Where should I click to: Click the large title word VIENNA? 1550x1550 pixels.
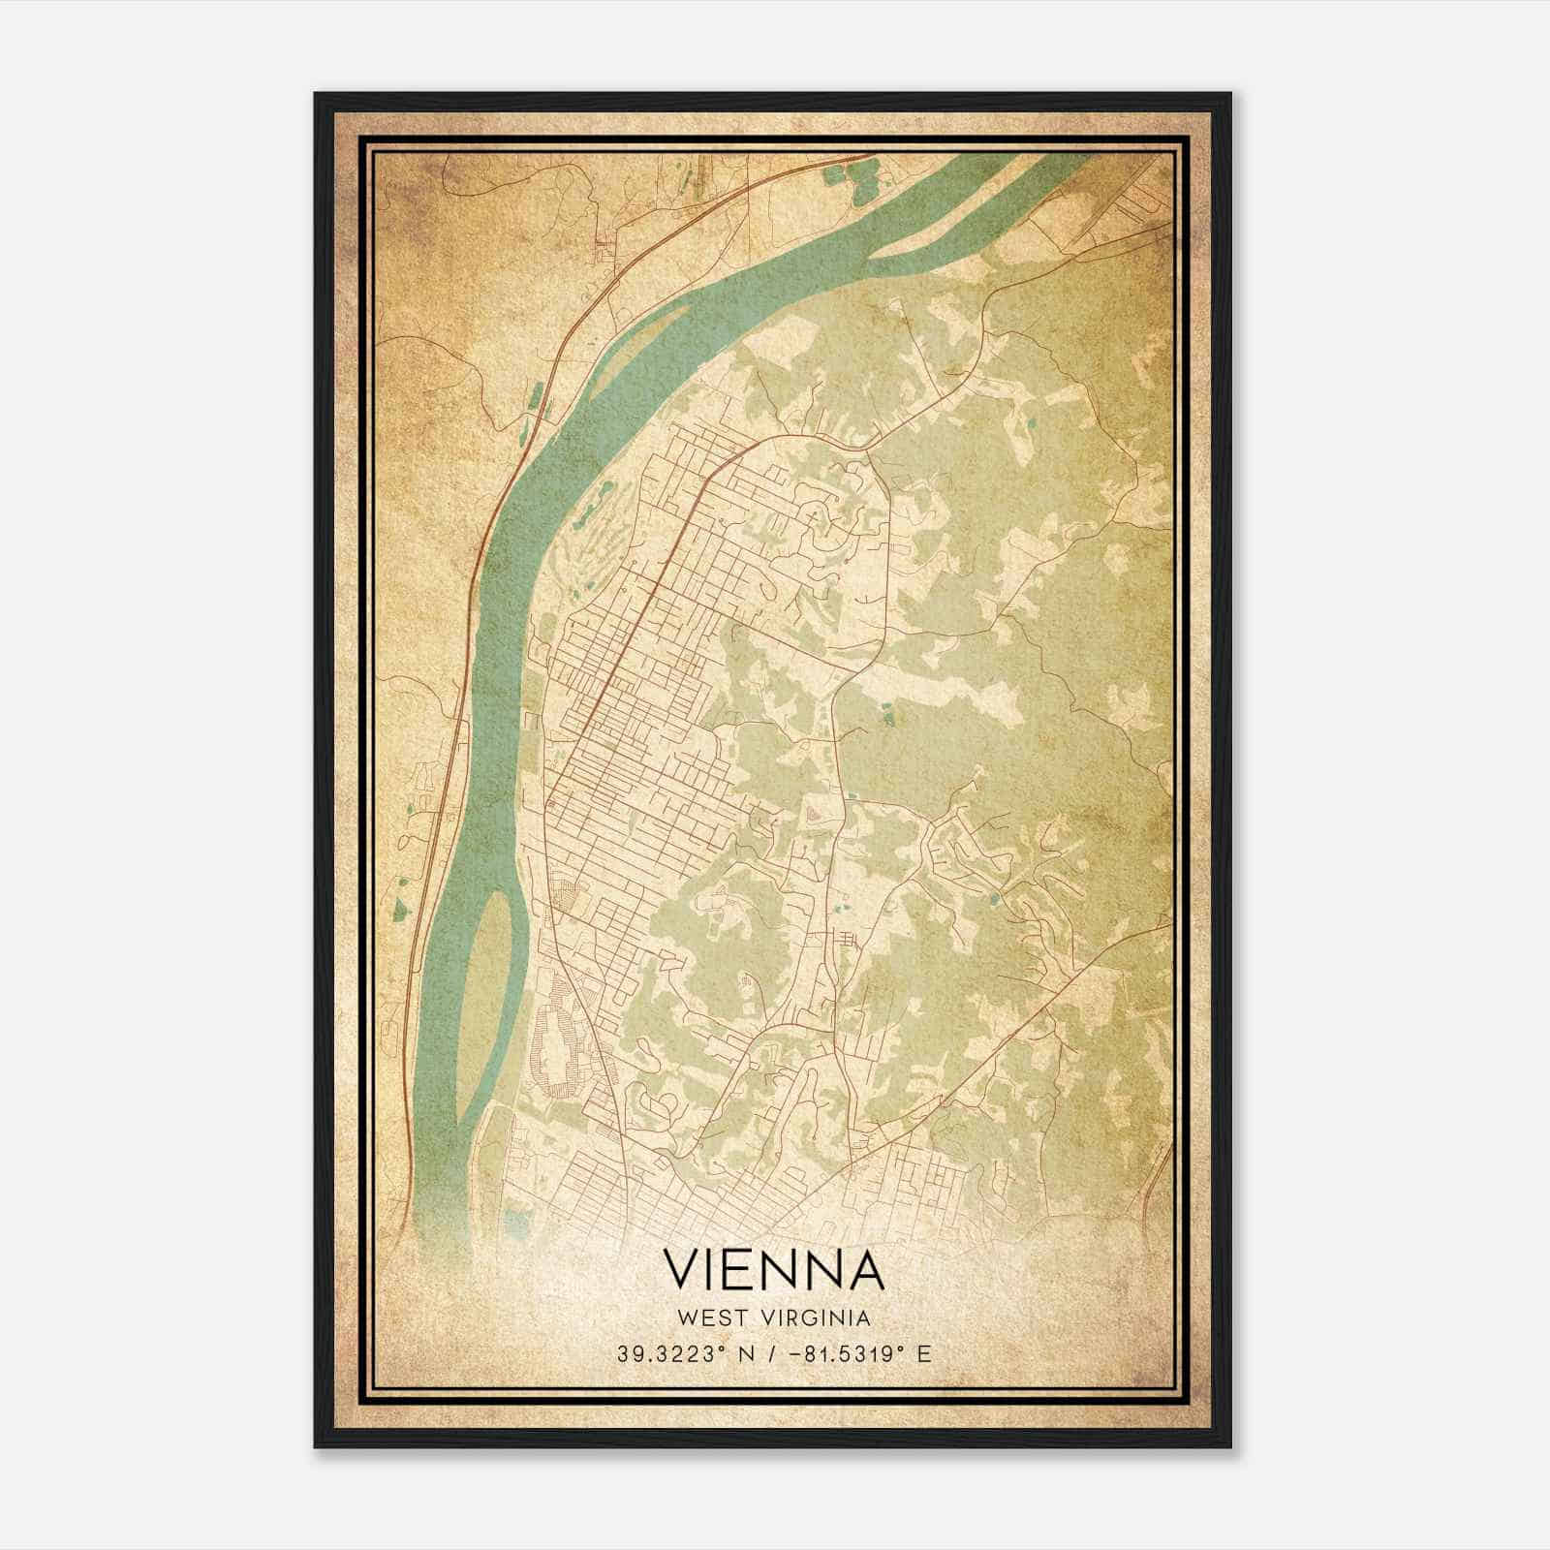(x=774, y=1269)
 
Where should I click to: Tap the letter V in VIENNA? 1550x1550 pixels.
(x=682, y=1269)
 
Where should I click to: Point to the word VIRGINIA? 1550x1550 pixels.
(x=816, y=1318)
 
